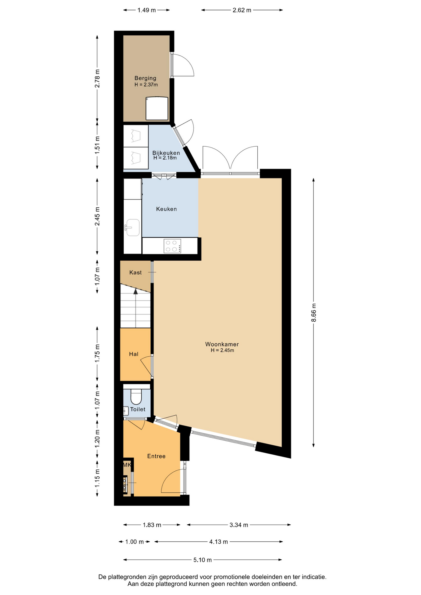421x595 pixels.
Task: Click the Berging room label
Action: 145,78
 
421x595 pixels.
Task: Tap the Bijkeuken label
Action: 166,153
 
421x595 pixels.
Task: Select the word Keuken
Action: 166,209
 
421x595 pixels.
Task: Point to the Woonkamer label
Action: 222,344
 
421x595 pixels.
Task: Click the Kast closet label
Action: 135,272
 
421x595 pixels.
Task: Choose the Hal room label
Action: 134,354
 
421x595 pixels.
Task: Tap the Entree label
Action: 156,456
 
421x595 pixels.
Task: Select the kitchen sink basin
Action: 133,227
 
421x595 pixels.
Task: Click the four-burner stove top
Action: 172,246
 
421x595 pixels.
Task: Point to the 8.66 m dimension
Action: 313,313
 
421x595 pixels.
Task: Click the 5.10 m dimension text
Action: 202,560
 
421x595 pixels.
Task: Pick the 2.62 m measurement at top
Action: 242,10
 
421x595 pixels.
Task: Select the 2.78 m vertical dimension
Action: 97,78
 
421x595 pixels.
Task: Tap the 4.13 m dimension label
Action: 219,542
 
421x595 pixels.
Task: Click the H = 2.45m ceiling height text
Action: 222,350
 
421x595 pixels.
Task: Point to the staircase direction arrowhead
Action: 135,291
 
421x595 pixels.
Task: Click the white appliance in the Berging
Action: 157,108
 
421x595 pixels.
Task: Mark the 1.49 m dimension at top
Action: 147,10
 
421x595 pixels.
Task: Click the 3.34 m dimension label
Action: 239,525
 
